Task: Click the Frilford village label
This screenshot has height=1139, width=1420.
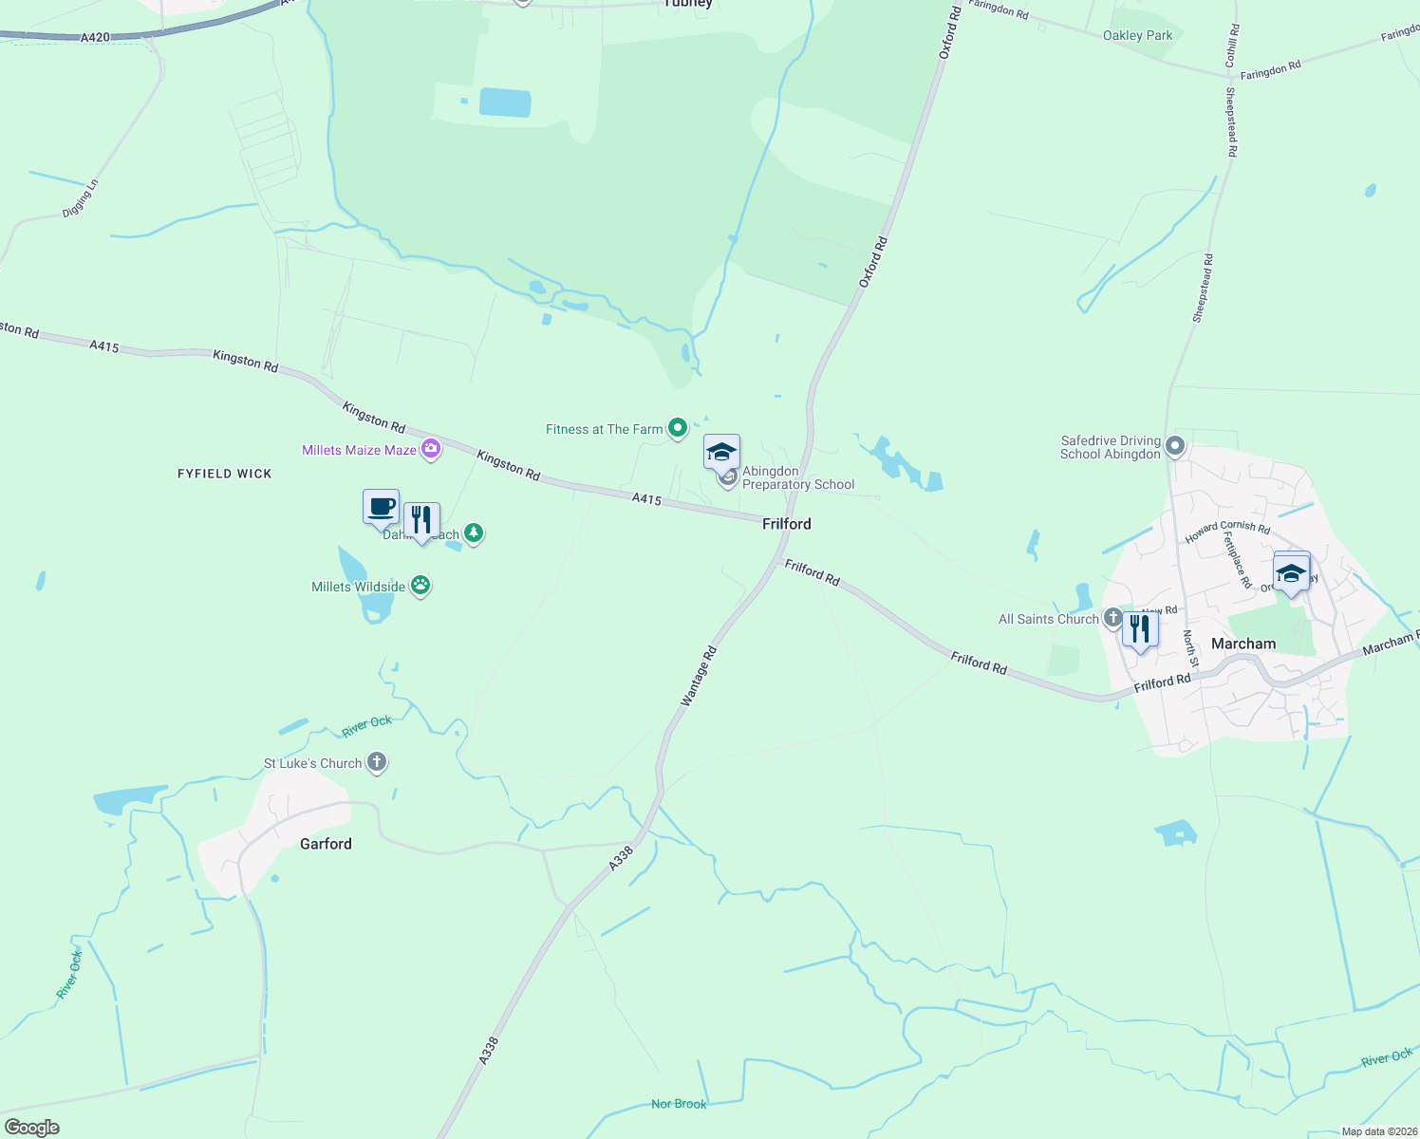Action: coord(787,524)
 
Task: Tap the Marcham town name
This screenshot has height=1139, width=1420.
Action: coord(1243,644)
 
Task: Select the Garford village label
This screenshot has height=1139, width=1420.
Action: coord(326,844)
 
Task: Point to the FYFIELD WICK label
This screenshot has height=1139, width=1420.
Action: coord(225,474)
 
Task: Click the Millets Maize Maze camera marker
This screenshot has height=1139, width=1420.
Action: coord(431,449)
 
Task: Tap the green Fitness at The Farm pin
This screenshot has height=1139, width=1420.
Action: coord(678,428)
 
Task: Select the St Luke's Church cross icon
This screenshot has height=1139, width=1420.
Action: coord(377,762)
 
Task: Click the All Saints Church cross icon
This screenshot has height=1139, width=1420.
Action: coord(1112,618)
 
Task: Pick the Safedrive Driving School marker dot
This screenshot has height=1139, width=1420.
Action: coord(1175,445)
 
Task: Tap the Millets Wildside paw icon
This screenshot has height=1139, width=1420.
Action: coord(420,586)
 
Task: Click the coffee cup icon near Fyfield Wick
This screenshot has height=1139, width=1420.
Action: coord(382,507)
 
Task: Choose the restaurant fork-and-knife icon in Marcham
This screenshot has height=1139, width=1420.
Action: coord(1140,629)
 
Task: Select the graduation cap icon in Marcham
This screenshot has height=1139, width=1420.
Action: coord(1291,572)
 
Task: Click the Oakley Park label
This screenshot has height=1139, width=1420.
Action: coord(1137,35)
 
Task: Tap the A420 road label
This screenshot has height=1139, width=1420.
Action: coord(95,38)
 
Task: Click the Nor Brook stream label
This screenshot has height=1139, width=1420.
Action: coord(679,1104)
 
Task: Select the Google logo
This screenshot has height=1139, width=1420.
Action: coord(31,1128)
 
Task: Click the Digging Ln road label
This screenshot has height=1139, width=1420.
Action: coord(81,198)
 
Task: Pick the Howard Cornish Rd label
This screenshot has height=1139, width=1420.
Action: coord(1227,531)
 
